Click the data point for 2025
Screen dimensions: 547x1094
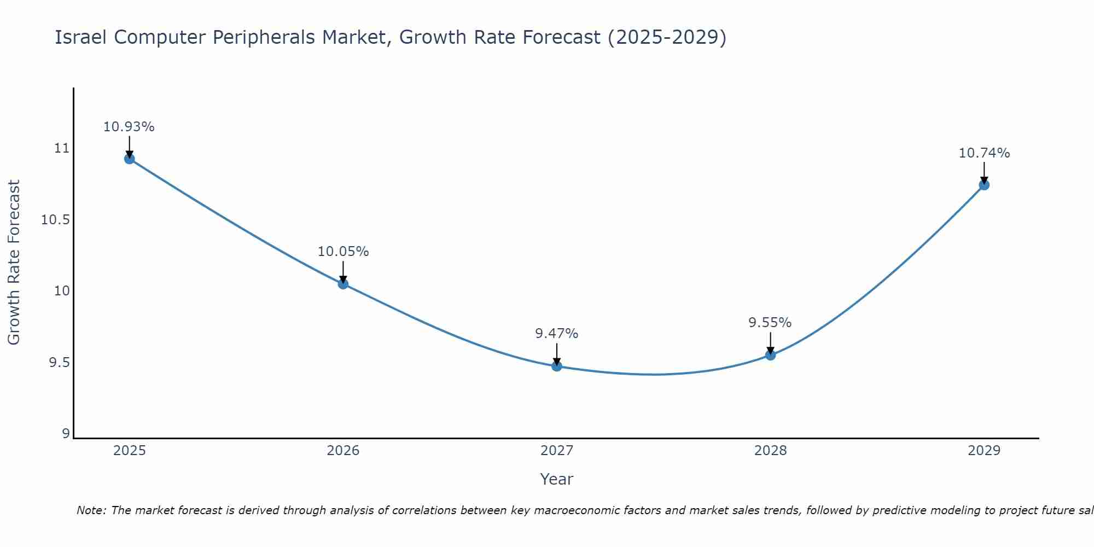click(130, 159)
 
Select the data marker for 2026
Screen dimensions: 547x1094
click(343, 284)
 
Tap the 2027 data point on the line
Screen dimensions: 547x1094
click(557, 366)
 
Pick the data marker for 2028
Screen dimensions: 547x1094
click(770, 355)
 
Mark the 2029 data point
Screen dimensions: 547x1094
click(984, 185)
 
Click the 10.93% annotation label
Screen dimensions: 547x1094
click(129, 127)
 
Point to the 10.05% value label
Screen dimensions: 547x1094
click(343, 252)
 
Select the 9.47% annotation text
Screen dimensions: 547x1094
click(556, 334)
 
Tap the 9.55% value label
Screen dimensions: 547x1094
click(770, 323)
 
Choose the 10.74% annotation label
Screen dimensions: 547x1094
click(984, 153)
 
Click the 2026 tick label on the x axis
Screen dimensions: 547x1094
click(343, 451)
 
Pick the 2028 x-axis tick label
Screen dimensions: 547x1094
click(770, 451)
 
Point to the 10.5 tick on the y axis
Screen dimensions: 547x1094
click(56, 220)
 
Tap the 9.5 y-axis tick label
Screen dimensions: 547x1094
click(60, 363)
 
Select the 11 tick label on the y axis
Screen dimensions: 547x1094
click(62, 148)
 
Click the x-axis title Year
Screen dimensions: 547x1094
click(556, 479)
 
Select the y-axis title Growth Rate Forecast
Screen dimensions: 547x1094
click(14, 263)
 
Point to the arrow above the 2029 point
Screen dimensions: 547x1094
click(984, 172)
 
